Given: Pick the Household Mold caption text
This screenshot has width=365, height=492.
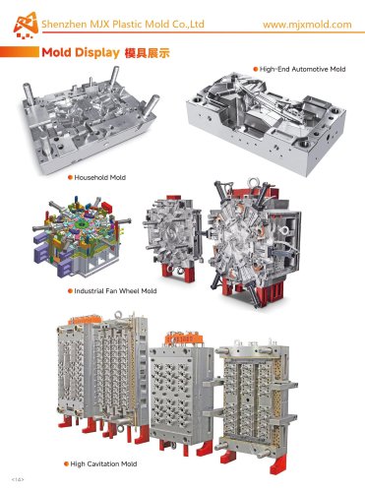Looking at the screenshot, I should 100,177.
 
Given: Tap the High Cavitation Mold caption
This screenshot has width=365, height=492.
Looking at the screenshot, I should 105,461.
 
